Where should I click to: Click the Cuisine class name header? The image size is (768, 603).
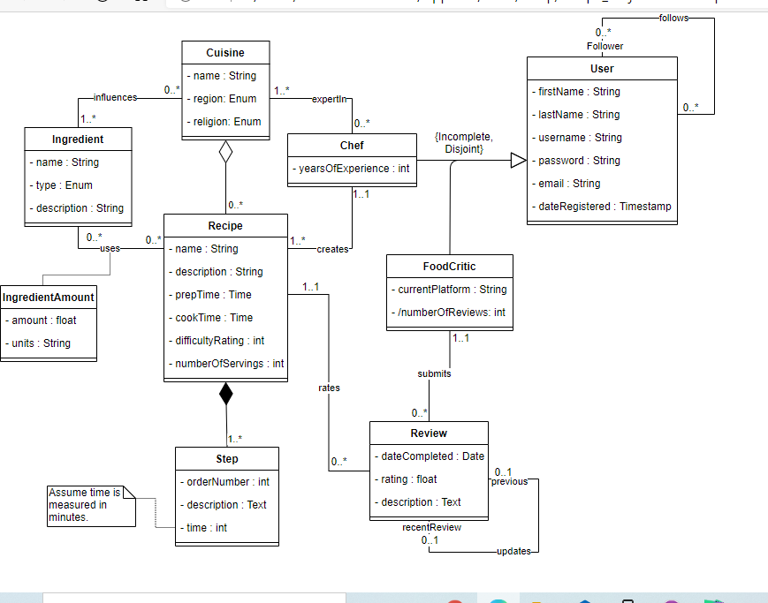pyautogui.click(x=225, y=53)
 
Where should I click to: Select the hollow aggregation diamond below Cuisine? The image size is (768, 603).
pyautogui.click(x=225, y=152)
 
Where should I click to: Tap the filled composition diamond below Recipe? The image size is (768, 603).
pyautogui.click(x=225, y=394)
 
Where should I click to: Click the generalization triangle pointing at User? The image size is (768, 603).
pyautogui.click(x=519, y=160)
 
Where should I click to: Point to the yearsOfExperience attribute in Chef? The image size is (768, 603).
pyautogui.click(x=351, y=169)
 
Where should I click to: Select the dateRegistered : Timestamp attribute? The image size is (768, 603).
pyautogui.click(x=605, y=207)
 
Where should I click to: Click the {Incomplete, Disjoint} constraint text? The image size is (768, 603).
pyautogui.click(x=464, y=144)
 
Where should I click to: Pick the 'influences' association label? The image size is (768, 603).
pyautogui.click(x=115, y=97)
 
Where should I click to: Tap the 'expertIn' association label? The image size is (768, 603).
pyautogui.click(x=330, y=99)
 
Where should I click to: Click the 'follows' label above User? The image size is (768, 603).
pyautogui.click(x=674, y=18)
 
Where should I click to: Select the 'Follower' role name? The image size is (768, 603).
pyautogui.click(x=605, y=46)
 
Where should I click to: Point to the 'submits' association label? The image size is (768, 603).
pyautogui.click(x=434, y=373)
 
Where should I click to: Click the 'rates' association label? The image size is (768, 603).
pyautogui.click(x=329, y=388)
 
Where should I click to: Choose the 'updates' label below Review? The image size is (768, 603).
pyautogui.click(x=513, y=551)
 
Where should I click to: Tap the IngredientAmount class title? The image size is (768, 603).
pyautogui.click(x=49, y=298)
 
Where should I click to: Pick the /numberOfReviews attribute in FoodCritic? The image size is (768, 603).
pyautogui.click(x=449, y=312)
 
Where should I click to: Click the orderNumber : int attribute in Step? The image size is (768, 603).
pyautogui.click(x=227, y=482)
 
